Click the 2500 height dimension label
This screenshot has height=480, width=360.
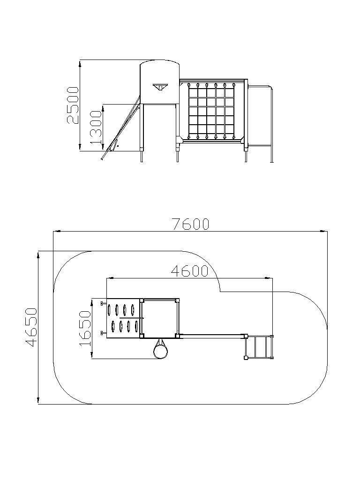coord(73,105)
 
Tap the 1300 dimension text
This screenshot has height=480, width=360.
coord(96,127)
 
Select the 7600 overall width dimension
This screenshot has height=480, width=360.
coord(190,224)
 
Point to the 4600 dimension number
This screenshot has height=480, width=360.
coord(189,271)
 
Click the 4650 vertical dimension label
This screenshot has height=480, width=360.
coord(31,328)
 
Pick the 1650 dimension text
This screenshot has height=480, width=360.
coord(85,329)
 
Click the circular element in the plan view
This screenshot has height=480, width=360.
coord(160,351)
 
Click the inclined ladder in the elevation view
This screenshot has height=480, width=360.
coord(120,128)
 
